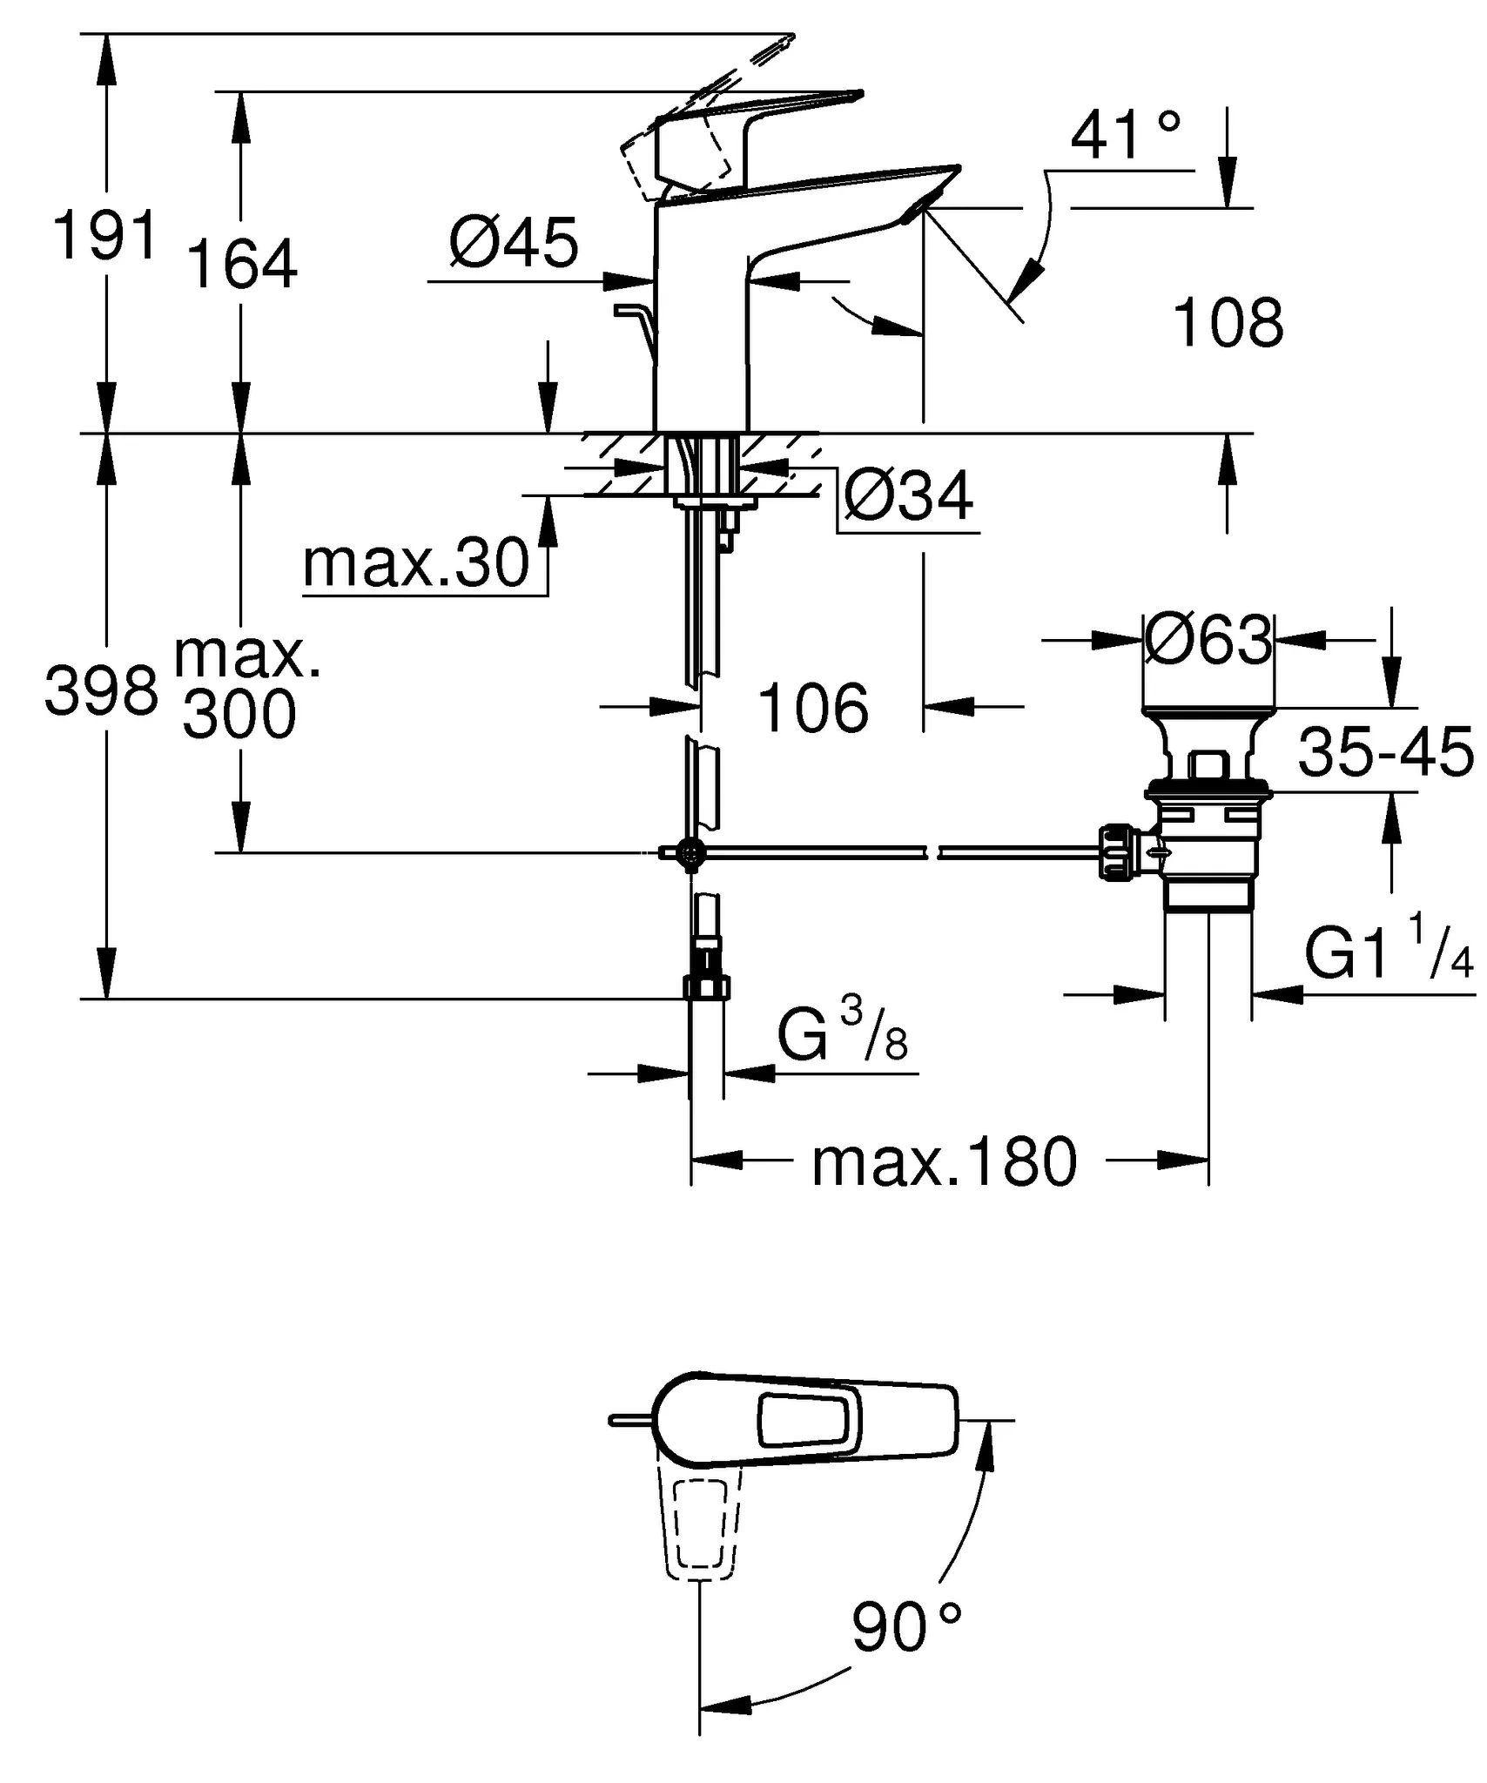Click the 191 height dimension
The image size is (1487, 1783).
click(105, 235)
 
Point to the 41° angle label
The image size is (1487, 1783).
click(1125, 137)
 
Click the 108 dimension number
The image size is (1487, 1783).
click(1228, 323)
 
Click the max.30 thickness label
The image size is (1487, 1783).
click(416, 563)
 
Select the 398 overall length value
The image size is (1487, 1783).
click(102, 690)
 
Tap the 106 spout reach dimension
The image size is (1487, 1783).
click(813, 708)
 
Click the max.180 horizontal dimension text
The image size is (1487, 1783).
click(945, 1162)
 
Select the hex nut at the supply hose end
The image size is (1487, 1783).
click(706, 987)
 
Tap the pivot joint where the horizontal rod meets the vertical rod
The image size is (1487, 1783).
click(691, 853)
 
